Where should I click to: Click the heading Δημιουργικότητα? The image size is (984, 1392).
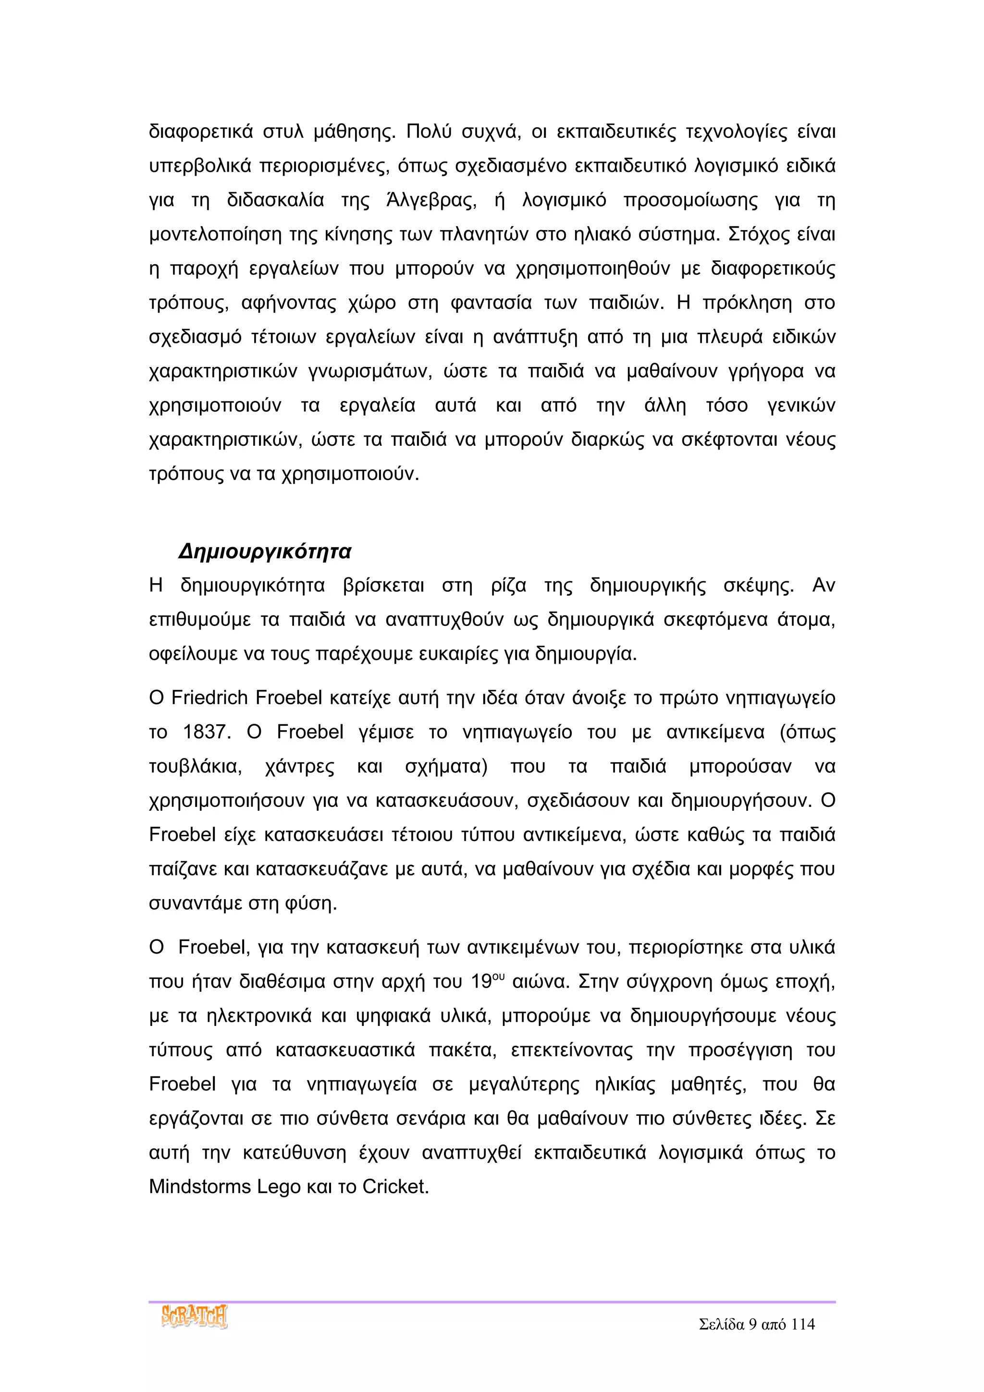pos(265,552)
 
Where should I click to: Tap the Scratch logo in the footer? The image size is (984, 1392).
pos(194,1316)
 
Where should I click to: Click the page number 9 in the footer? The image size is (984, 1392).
pos(752,1324)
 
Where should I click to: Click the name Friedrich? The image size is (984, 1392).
pos(210,698)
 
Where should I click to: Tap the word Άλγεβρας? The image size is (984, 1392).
pos(431,200)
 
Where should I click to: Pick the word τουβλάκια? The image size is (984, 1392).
pos(195,767)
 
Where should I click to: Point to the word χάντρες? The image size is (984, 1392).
pos(299,767)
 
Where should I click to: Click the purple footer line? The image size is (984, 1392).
pos(492,1301)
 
